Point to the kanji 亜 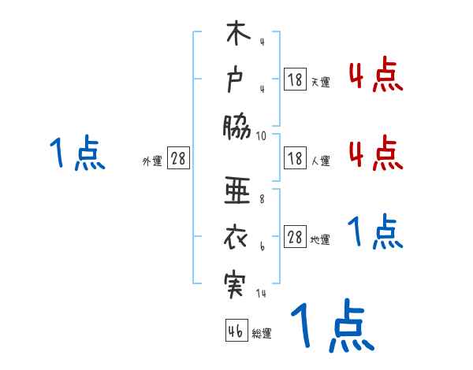pos(237,191)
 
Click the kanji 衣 pos(237,236)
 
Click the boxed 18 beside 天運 pos(295,79)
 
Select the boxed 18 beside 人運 pos(295,158)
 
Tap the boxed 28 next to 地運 pos(295,237)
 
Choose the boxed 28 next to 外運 pos(178,158)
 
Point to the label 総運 pos(262,334)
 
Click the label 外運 pos(152,161)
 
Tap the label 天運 pos(320,82)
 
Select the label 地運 pos(320,240)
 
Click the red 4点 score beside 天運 pos(375,76)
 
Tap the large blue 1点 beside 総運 pos(331,325)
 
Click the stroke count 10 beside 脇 pos(261,135)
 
